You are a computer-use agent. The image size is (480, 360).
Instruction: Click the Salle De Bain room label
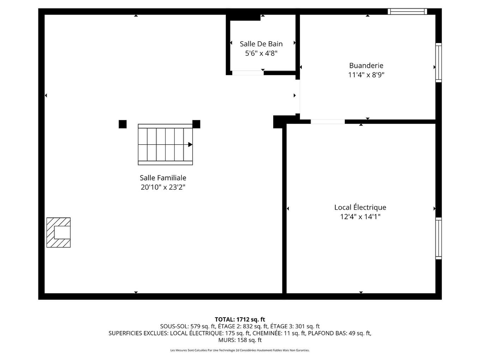(261, 44)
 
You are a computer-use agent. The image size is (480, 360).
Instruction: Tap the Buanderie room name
(366, 65)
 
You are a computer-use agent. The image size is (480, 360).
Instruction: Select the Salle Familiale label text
(163, 178)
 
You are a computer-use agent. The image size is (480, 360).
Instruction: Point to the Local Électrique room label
(360, 207)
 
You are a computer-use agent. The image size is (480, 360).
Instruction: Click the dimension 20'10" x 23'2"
(163, 187)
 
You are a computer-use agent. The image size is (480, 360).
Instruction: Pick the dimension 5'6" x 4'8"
(261, 53)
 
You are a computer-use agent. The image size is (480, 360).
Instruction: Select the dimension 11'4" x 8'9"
(366, 75)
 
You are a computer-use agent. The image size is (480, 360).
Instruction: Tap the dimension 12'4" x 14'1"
(360, 217)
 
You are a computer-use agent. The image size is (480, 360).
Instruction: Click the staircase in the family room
(165, 144)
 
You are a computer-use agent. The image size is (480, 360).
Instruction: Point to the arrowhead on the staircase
(190, 144)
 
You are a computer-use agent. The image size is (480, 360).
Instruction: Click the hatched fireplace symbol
(59, 232)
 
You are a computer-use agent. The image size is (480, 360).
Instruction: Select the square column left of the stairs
(122, 124)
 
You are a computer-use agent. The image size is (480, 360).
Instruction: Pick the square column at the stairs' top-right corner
(196, 124)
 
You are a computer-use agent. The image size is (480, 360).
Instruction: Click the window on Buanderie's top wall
(407, 11)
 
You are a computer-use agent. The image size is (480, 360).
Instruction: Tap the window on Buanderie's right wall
(438, 62)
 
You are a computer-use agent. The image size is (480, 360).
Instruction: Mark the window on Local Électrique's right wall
(438, 238)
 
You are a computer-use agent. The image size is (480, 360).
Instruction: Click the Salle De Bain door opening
(248, 73)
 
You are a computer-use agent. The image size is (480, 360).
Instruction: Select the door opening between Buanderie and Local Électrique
(328, 122)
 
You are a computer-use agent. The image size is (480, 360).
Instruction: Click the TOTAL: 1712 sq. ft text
(240, 319)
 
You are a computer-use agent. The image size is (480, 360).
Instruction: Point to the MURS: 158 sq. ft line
(240, 340)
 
